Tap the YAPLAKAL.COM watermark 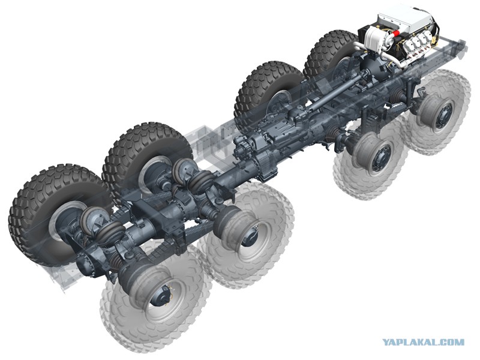[x=424, y=342]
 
